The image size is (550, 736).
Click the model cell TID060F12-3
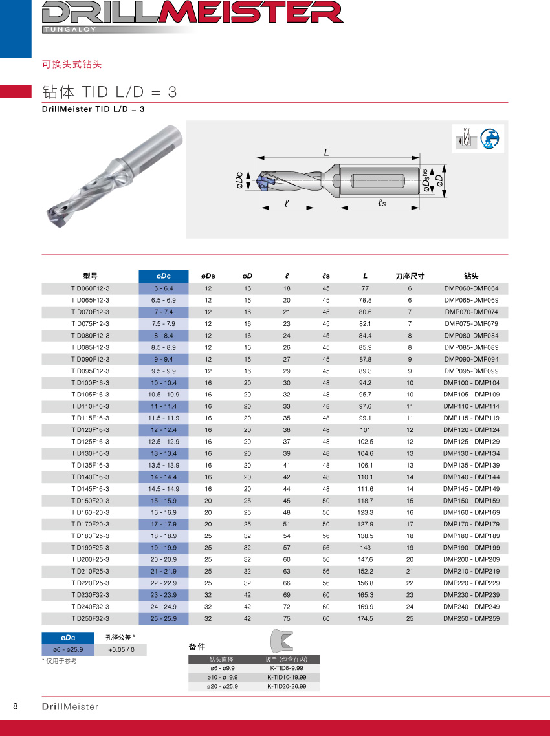[90, 288]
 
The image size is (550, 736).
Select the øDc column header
[164, 276]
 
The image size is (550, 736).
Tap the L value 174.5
[365, 619]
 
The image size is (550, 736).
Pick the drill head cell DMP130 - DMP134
[471, 454]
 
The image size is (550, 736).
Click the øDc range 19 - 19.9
[164, 548]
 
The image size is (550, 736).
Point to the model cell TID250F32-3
[90, 619]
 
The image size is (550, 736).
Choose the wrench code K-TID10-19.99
[287, 677]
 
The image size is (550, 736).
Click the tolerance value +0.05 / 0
[121, 650]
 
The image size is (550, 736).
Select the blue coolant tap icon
[492, 140]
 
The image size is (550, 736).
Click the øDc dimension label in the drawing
[239, 180]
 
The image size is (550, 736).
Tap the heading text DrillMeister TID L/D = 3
[93, 109]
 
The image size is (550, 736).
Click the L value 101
[365, 430]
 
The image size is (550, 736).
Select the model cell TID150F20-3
[90, 501]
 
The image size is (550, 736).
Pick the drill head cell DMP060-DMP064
[471, 288]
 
